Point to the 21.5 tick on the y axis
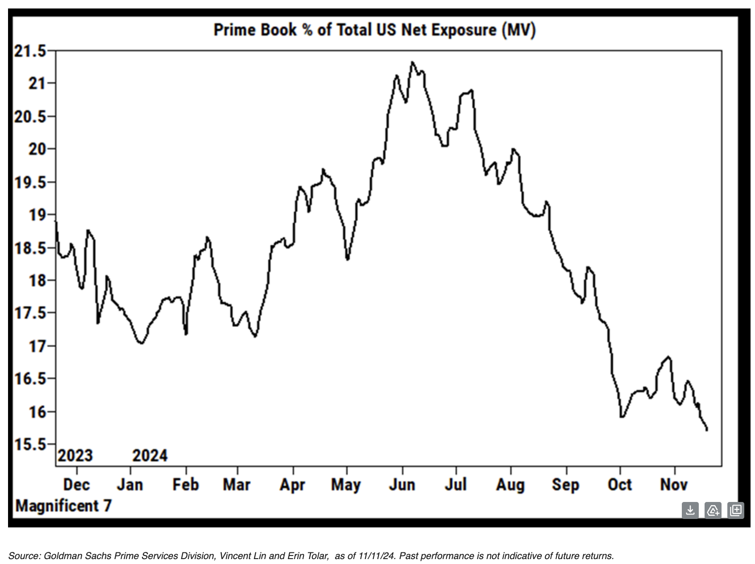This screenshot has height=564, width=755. click(x=30, y=51)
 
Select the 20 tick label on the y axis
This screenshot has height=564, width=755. click(x=37, y=149)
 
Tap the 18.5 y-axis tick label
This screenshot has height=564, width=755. click(x=30, y=248)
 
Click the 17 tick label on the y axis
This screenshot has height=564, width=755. click(x=37, y=346)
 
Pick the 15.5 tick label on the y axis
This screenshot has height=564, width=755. click(x=30, y=444)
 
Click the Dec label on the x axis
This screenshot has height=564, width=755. click(x=76, y=485)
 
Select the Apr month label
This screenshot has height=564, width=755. click(x=292, y=485)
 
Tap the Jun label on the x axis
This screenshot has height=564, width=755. click(x=402, y=485)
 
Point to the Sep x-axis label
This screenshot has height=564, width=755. click(x=565, y=485)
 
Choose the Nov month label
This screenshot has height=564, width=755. click(x=674, y=485)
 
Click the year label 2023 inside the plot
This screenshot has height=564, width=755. click(x=75, y=456)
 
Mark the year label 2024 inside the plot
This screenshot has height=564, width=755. click(x=150, y=456)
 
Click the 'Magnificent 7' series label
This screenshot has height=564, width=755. click(x=63, y=506)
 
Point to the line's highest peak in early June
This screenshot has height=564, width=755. click(x=412, y=62)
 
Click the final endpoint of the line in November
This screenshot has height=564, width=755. click(x=707, y=429)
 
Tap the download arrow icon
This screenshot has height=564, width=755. click(x=690, y=510)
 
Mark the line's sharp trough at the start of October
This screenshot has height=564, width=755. click(x=622, y=417)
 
